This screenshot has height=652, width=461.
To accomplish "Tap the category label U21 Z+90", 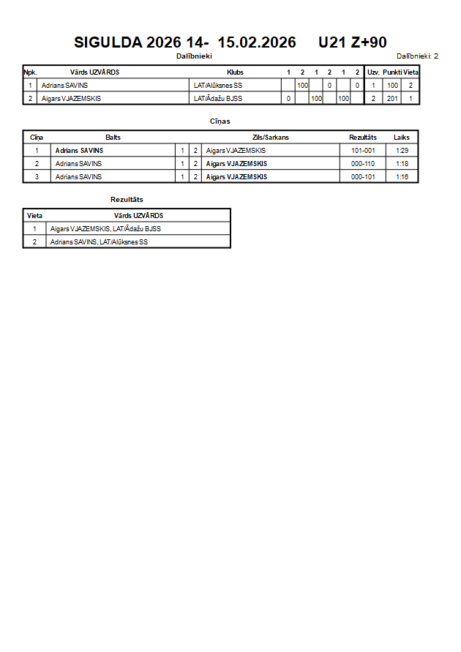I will coord(352,42).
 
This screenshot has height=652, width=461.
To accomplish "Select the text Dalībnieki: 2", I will coord(417,56).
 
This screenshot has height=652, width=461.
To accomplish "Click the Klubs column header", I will coord(235,72).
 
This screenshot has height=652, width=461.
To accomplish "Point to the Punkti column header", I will coord(393,72).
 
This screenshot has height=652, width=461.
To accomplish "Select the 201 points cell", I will coord(392,98).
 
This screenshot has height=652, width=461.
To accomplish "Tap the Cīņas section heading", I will coord(220,121).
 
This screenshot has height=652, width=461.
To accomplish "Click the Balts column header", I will coord(113,138).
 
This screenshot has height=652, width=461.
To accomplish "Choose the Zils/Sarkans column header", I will coord(270,138).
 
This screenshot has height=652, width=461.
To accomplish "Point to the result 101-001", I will coord(363,151).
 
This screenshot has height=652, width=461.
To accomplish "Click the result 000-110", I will coord(363,164).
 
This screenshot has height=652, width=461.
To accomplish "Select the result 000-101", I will coord(363,176).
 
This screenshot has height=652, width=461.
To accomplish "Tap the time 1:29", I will coord(402,151).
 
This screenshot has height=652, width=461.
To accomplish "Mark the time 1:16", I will coord(402,176).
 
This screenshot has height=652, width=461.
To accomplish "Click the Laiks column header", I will coord(402,138).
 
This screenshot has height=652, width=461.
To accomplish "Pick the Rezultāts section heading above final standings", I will coord(127,199).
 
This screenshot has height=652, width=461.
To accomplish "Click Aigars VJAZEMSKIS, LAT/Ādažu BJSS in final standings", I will coord(105,229).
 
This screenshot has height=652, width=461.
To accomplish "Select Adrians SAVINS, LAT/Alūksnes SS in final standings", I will coord(99,241).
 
